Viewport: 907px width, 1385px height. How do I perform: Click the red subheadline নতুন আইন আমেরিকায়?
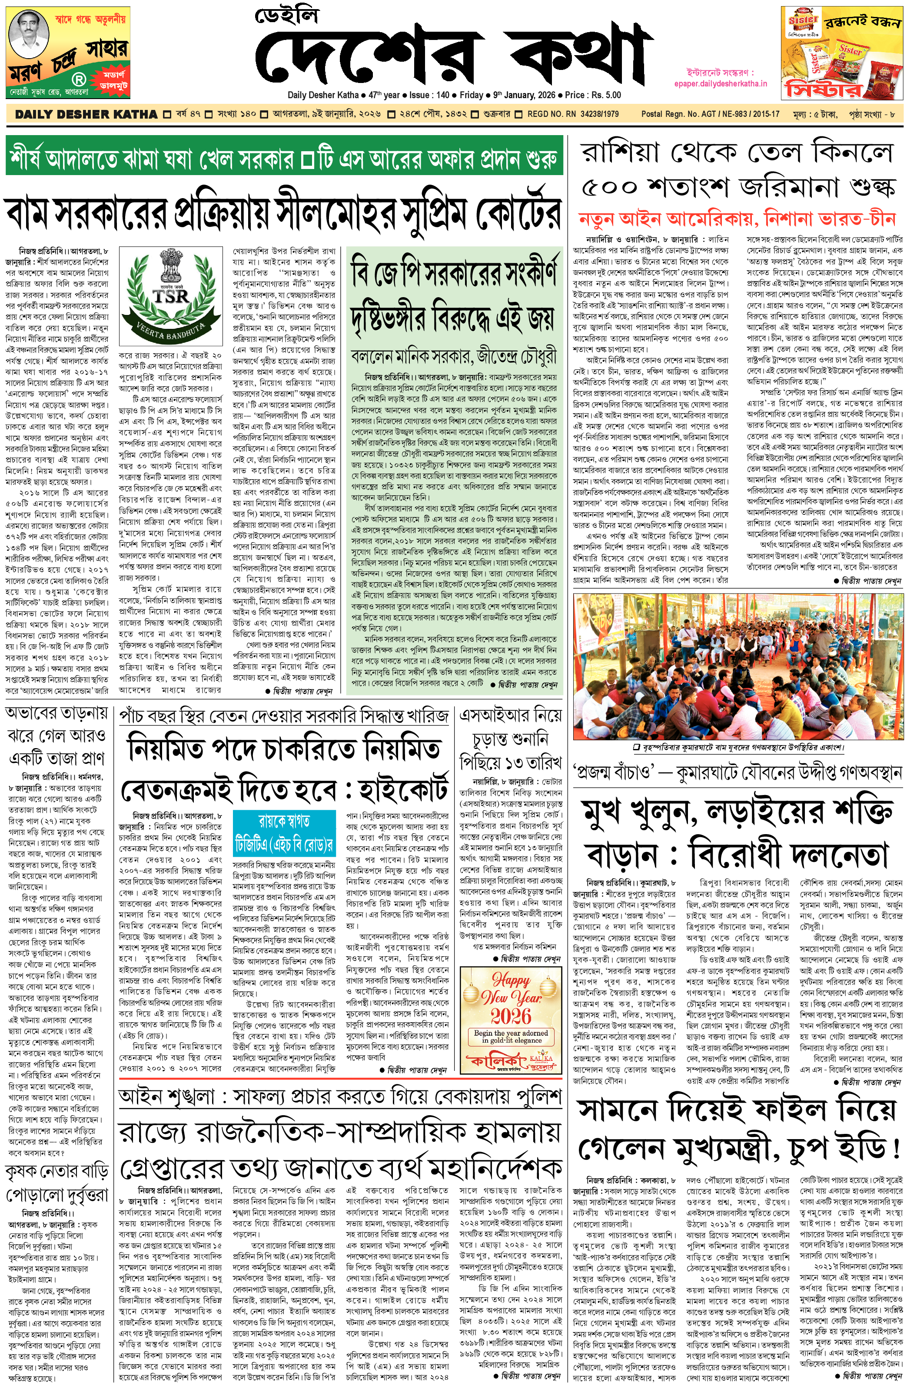[x=737, y=219]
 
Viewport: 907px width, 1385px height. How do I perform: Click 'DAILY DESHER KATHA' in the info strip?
[x=86, y=114]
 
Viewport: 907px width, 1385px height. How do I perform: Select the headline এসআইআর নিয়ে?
[x=510, y=715]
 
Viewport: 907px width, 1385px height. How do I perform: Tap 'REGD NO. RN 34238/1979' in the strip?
[x=572, y=114]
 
